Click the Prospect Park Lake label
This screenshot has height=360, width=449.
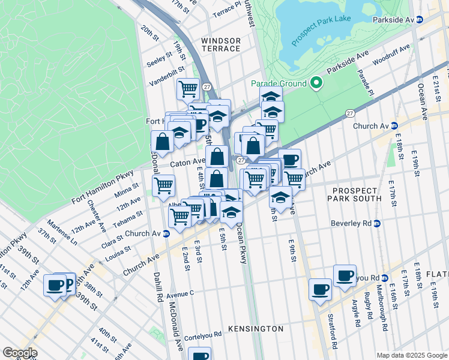(x=321, y=28)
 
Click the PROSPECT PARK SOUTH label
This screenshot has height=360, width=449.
(x=354, y=194)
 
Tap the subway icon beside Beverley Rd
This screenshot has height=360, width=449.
(x=377, y=224)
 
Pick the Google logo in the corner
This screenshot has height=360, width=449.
(x=20, y=353)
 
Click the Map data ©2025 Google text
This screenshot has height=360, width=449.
(x=412, y=355)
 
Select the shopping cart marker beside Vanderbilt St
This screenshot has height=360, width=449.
(x=188, y=89)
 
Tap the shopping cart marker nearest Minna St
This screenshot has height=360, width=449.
(x=163, y=185)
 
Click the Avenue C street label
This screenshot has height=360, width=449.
(x=180, y=294)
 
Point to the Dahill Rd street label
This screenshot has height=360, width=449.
(x=158, y=287)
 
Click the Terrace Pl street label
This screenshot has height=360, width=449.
(x=226, y=8)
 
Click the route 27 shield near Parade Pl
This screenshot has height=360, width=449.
(x=350, y=113)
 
